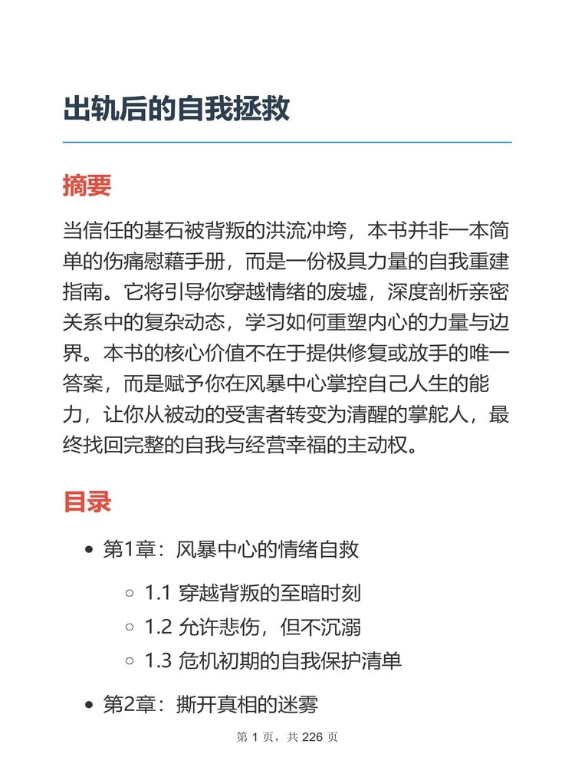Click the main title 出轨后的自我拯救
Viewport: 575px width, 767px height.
point(176,109)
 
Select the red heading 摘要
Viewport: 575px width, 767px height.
point(87,186)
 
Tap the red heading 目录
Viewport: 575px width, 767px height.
point(87,502)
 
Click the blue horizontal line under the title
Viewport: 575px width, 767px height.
point(287,143)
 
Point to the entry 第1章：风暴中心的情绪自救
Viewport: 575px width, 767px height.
point(231,550)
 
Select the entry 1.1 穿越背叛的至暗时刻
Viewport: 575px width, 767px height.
point(252,593)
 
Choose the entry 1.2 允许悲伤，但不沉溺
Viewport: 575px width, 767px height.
point(252,627)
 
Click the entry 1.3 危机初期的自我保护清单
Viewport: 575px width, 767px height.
point(273,661)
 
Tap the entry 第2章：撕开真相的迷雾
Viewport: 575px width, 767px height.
point(210,705)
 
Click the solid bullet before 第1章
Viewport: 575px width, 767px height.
point(89,551)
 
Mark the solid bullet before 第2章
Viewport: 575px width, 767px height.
point(89,706)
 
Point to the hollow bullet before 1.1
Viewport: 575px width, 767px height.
point(130,594)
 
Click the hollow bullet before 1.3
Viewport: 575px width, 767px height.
point(130,662)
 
